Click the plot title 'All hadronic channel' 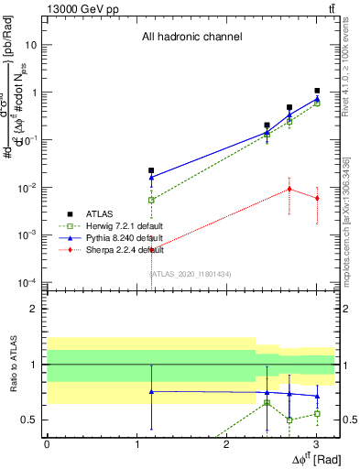[x=191, y=38]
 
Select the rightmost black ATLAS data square [x=317, y=92]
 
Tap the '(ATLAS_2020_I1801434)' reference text [x=191, y=273]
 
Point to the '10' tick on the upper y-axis [x=32, y=44]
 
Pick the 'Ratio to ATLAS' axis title [x=12, y=364]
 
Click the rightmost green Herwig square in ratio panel [x=317, y=414]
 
